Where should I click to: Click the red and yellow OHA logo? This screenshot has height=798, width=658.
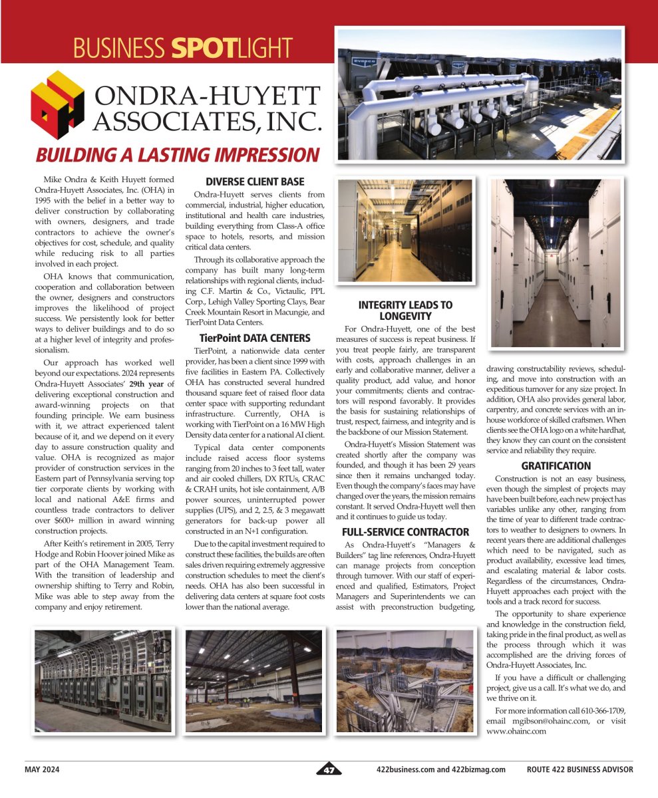(x=57, y=104)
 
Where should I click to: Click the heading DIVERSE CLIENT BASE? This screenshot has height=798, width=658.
(x=254, y=182)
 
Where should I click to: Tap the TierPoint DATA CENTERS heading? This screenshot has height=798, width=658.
(x=254, y=338)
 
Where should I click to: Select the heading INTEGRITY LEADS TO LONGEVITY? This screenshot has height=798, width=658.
(x=405, y=311)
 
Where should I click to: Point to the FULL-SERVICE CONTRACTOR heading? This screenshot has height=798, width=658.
(x=405, y=532)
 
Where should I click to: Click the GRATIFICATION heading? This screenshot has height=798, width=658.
(x=556, y=466)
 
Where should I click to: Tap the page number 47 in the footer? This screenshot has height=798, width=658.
(x=329, y=770)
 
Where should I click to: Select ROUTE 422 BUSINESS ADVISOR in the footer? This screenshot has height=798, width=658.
(x=579, y=770)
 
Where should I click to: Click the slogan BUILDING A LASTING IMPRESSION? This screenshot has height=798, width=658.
(x=178, y=155)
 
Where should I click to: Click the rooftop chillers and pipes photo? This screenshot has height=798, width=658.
(x=480, y=94)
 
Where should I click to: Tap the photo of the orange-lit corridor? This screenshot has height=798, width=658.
(x=406, y=231)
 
